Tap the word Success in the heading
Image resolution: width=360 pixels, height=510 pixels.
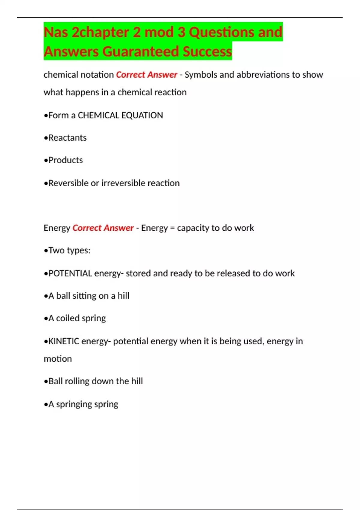(207, 51)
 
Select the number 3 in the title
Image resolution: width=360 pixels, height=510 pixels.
(181, 32)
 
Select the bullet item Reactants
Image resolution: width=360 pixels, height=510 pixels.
(67, 138)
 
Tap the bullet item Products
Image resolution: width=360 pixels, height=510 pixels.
(65, 160)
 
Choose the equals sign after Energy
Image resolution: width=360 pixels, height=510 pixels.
(172, 228)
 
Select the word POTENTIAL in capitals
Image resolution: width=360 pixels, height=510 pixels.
(70, 274)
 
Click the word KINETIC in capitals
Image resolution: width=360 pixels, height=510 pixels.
(64, 341)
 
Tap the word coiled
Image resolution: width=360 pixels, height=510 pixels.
(67, 318)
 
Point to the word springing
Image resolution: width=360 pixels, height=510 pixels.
(74, 404)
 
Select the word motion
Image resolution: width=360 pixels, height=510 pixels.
(58, 359)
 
